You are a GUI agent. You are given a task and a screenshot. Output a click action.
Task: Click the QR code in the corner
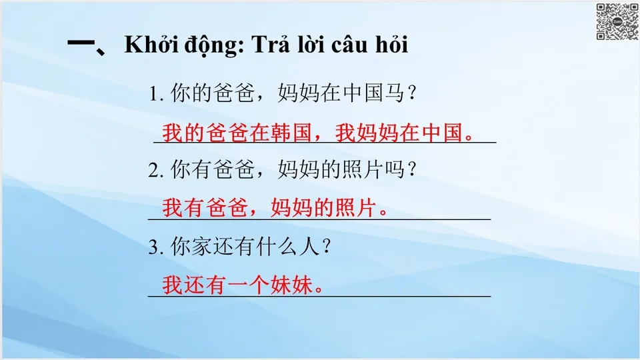click(x=616, y=22)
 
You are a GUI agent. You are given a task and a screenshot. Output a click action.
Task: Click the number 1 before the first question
click(x=154, y=95)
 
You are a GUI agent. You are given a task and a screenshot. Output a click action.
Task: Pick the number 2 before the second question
click(x=154, y=171)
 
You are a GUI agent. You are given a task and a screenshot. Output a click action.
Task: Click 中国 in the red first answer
click(x=444, y=133)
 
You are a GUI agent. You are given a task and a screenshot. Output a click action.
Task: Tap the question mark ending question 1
click(x=412, y=95)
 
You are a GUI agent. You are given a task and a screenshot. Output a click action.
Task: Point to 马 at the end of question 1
click(x=393, y=95)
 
